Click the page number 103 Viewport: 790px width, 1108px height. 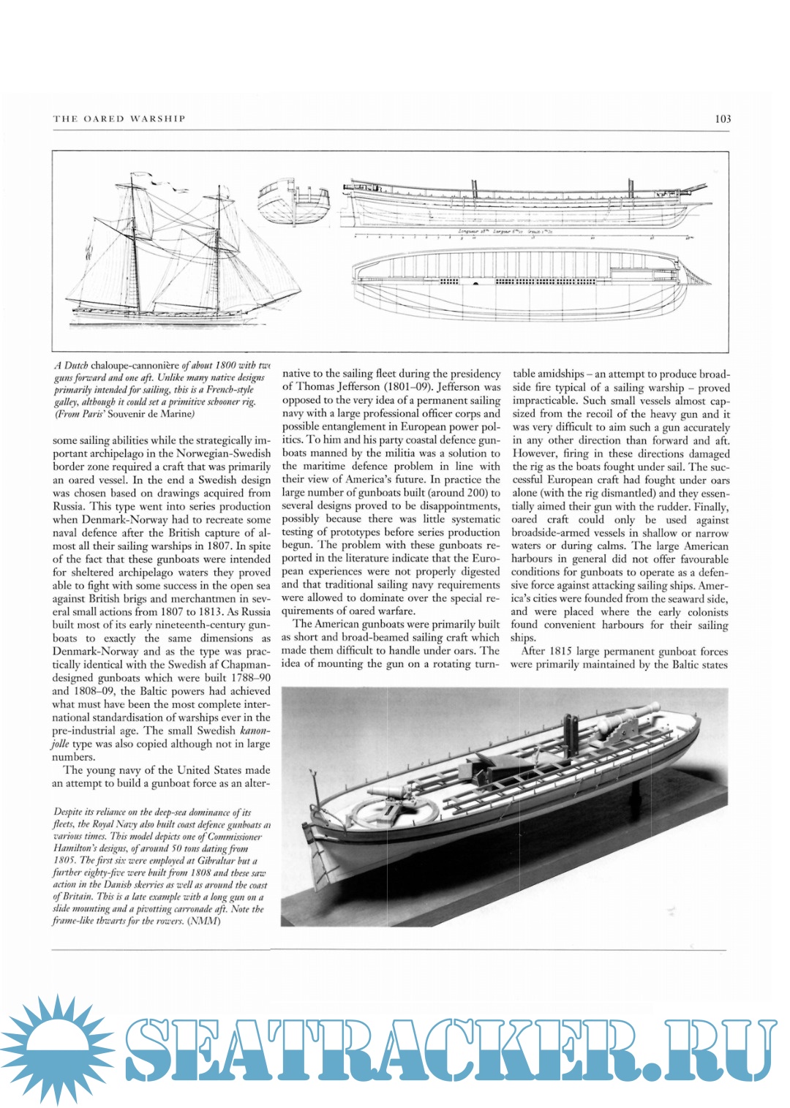click(x=722, y=118)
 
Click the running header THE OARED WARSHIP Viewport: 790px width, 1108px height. click(x=119, y=118)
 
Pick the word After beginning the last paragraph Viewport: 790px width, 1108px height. click(x=534, y=652)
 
